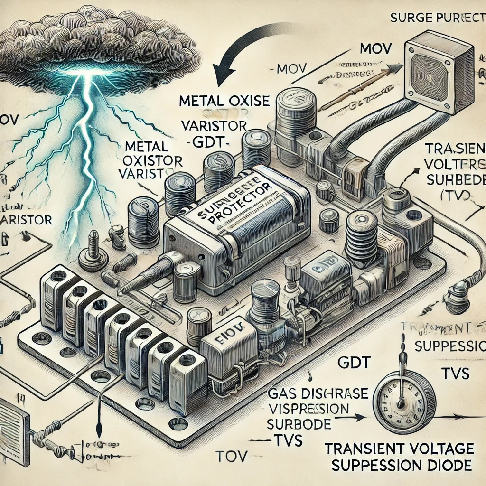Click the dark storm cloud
tap(95, 43)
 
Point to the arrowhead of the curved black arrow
tap(221, 79)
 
